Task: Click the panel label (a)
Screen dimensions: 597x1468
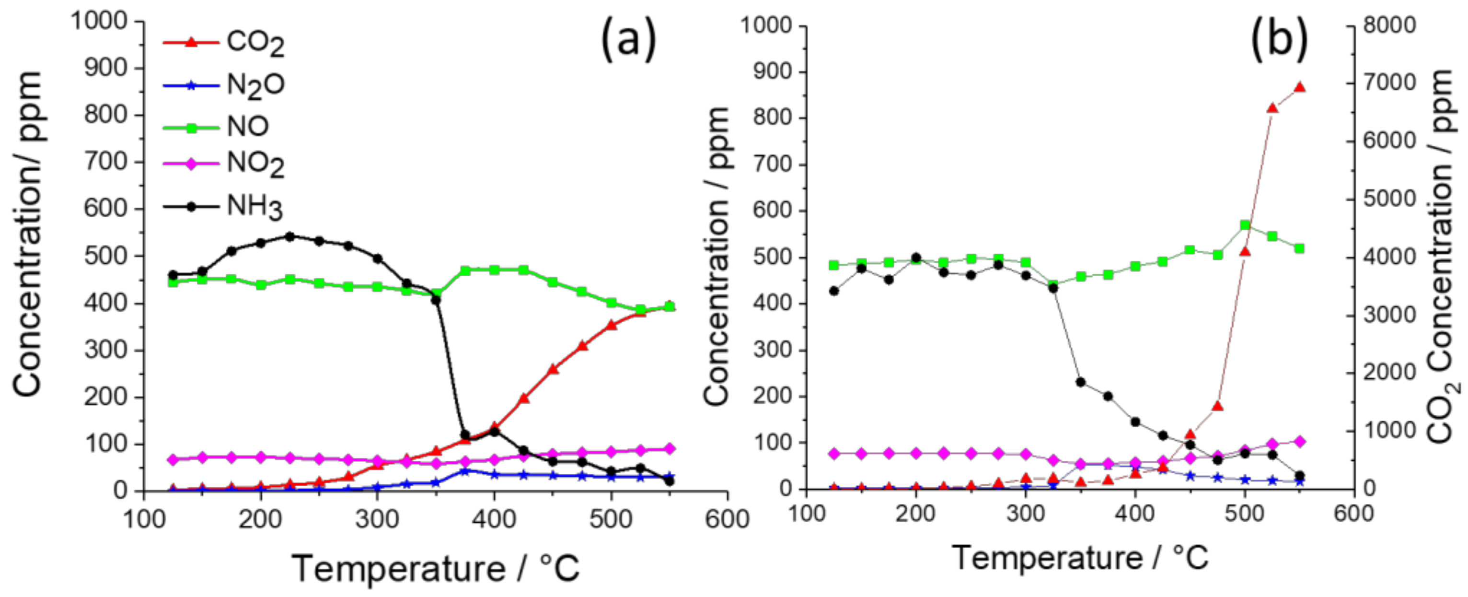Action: [628, 40]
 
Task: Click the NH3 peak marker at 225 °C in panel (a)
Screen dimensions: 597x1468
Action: [289, 236]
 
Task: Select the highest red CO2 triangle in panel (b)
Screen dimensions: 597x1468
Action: [1300, 87]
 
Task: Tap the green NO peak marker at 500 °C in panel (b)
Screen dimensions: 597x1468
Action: [1245, 225]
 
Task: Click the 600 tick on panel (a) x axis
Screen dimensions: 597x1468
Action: [727, 519]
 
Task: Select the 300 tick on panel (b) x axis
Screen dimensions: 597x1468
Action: [1025, 514]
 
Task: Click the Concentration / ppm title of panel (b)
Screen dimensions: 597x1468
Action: [717, 257]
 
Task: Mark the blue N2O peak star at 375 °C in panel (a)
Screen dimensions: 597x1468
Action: [465, 471]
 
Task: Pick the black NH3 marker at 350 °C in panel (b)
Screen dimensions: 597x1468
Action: [1080, 382]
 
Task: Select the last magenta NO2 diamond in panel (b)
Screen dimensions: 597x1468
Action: [1300, 441]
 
